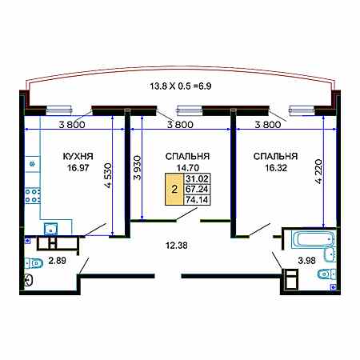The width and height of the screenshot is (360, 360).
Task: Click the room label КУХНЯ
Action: pyautogui.click(x=78, y=156)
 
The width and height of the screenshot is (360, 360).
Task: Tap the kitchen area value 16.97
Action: pyautogui.click(x=78, y=168)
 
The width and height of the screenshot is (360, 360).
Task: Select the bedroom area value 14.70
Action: pyautogui.click(x=188, y=168)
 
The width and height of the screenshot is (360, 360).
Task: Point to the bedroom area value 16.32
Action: pyautogui.click(x=276, y=168)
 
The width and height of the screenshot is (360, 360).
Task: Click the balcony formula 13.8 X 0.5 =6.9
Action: pyautogui.click(x=181, y=86)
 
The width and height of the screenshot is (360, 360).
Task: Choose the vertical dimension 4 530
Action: pyautogui.click(x=108, y=175)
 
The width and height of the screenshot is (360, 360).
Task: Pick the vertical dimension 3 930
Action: pyautogui.click(x=137, y=167)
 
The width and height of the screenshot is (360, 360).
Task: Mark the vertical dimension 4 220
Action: pyautogui.click(x=318, y=172)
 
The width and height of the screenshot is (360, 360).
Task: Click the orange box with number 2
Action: pyautogui.click(x=174, y=190)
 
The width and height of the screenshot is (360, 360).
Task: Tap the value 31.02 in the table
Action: pyautogui.click(x=197, y=178)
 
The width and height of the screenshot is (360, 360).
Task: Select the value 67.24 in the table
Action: pyautogui.click(x=197, y=189)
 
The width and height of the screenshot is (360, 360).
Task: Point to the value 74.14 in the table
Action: pyautogui.click(x=197, y=200)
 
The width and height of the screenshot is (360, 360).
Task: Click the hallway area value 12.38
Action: pyautogui.click(x=177, y=246)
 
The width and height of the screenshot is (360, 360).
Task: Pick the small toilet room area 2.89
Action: pyautogui.click(x=58, y=261)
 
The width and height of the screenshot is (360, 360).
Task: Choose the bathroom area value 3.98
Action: pyautogui.click(x=306, y=260)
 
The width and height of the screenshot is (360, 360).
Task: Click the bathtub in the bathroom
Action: pyautogui.click(x=314, y=239)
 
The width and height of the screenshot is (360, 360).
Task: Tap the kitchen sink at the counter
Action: pyautogui.click(x=50, y=229)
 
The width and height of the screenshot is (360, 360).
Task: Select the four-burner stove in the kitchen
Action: pyautogui.click(x=33, y=196)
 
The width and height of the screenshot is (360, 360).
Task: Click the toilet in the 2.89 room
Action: pyautogui.click(x=34, y=263)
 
